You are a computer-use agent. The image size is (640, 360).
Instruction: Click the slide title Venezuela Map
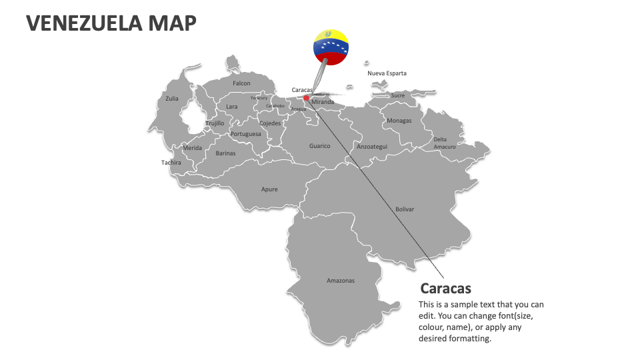click(x=111, y=23)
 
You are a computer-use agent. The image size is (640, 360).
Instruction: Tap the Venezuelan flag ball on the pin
click(x=331, y=47)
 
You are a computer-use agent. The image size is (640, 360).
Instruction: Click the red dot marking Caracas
click(x=307, y=98)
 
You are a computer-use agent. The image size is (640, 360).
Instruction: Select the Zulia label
click(x=172, y=99)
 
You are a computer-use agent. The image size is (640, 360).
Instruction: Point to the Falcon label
click(x=241, y=83)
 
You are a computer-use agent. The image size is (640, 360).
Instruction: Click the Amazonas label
click(x=341, y=281)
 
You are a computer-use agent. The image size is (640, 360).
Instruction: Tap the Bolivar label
click(x=405, y=209)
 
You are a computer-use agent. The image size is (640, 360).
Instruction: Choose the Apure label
click(x=269, y=189)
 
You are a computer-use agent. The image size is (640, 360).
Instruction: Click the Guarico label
click(x=319, y=146)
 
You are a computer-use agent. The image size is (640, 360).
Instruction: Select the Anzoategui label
click(x=372, y=146)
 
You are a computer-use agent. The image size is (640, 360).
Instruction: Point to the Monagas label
click(x=399, y=121)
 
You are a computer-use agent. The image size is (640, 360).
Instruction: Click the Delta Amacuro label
click(x=445, y=143)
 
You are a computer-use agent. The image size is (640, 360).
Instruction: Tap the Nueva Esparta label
click(x=387, y=73)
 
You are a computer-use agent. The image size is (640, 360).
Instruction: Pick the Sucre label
click(x=398, y=95)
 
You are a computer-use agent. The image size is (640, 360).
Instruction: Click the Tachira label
click(x=171, y=163)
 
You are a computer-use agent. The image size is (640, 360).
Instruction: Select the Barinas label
click(x=225, y=153)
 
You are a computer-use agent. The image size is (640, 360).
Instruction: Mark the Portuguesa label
click(x=245, y=134)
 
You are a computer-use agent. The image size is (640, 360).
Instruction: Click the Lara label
click(x=231, y=107)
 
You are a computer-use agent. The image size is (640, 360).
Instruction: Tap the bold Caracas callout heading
click(x=445, y=289)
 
